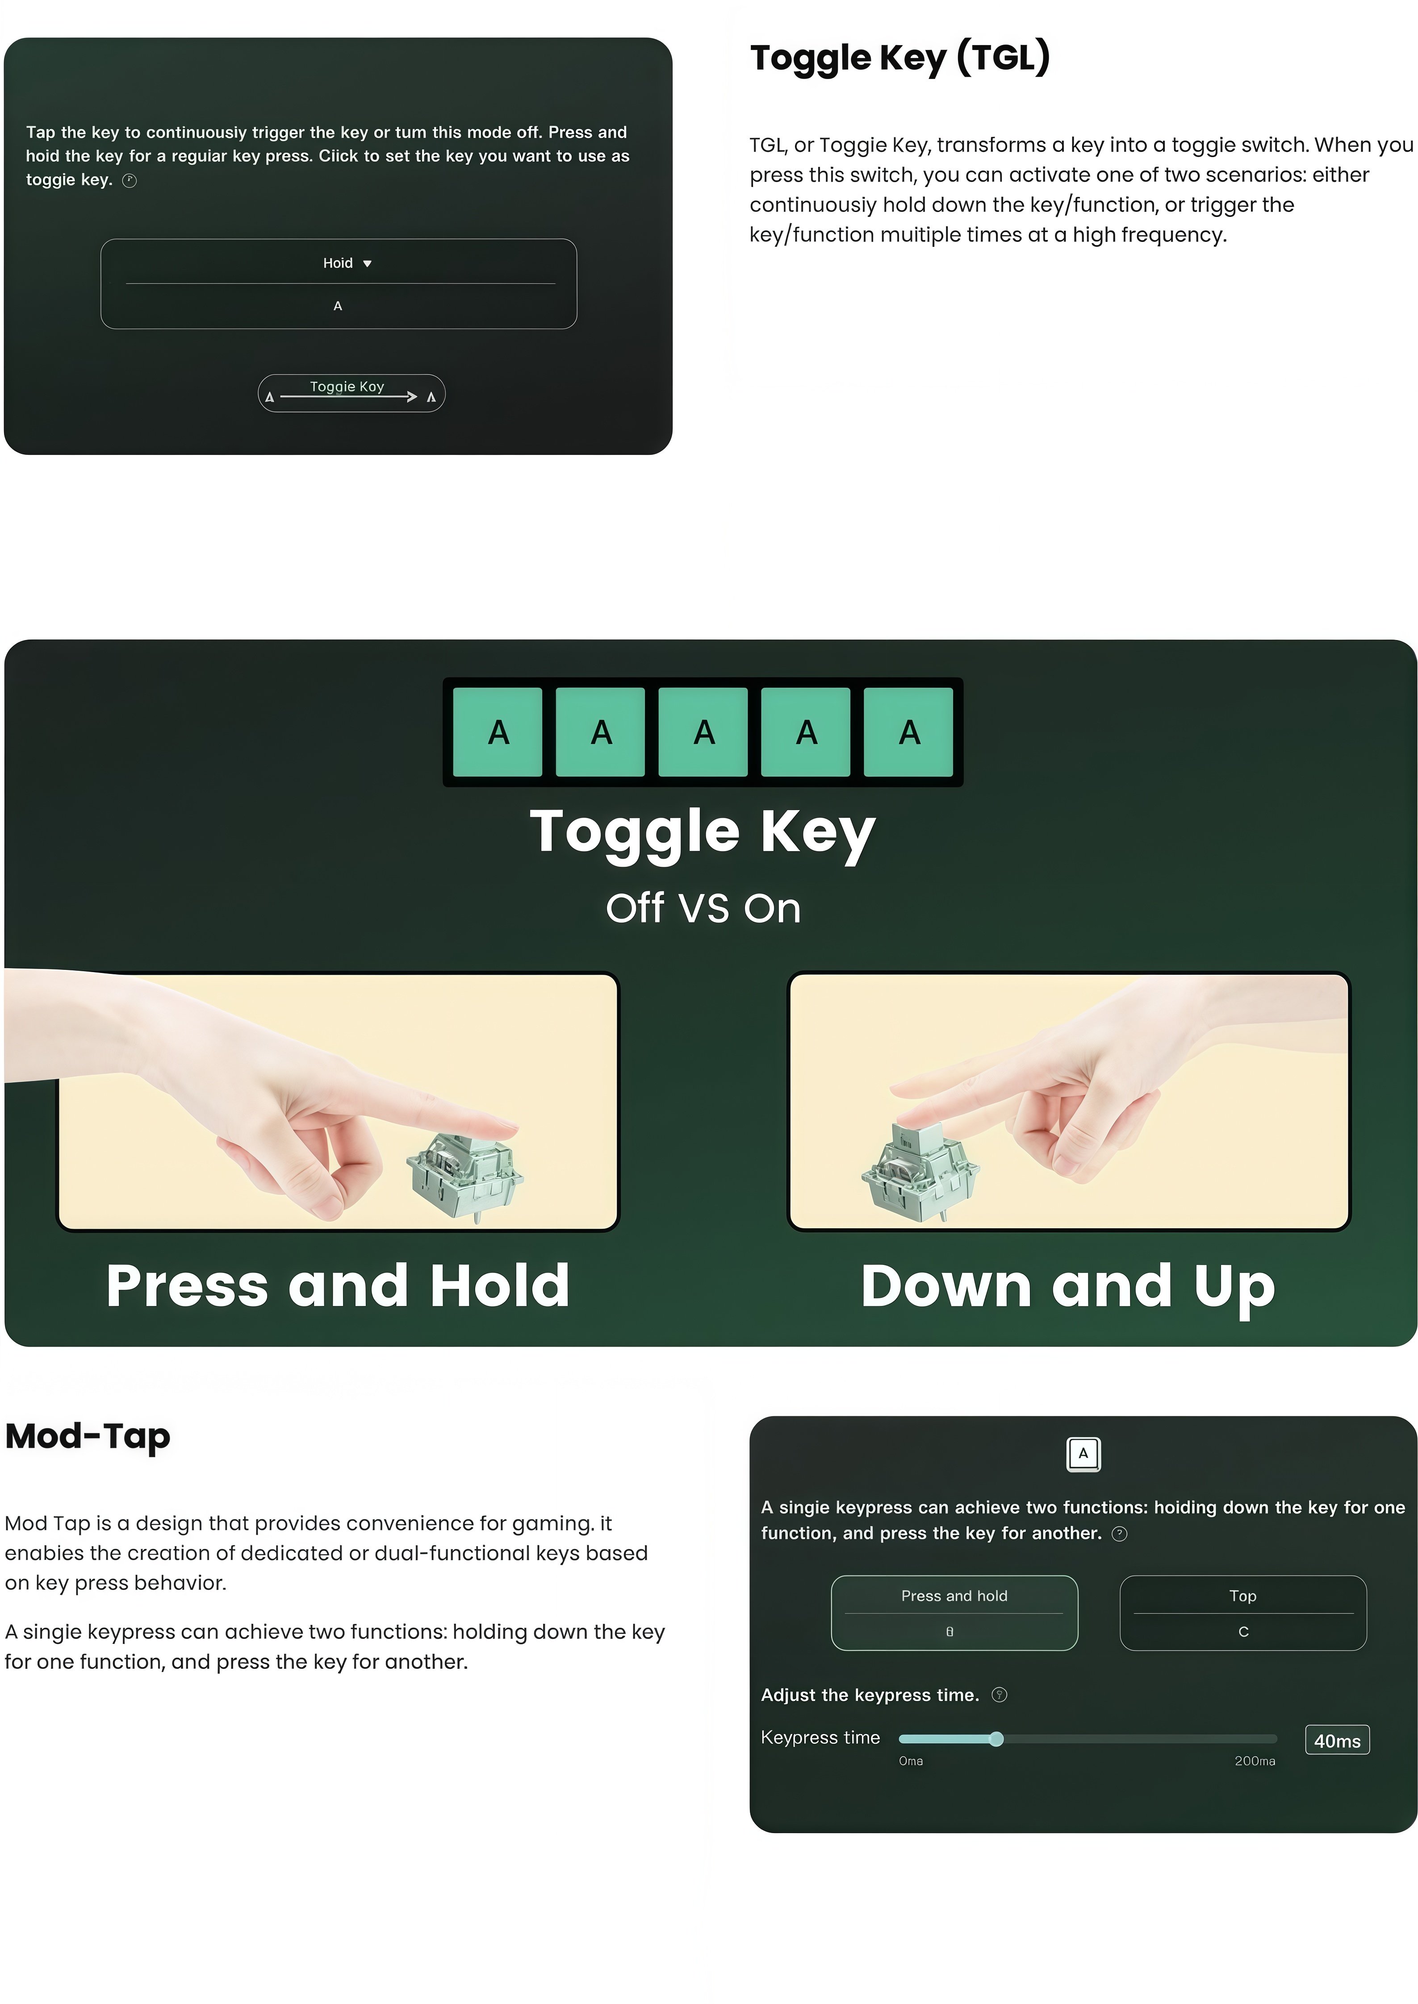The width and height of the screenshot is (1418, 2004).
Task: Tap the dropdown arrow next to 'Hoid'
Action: (368, 264)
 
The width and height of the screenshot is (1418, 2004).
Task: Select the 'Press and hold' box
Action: (954, 1613)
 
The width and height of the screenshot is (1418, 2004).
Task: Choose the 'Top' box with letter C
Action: (1243, 1613)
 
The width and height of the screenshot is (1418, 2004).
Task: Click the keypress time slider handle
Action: (996, 1739)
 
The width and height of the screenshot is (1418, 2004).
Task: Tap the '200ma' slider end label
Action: (1255, 1761)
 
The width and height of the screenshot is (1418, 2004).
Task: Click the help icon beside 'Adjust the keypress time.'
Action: (1000, 1695)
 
